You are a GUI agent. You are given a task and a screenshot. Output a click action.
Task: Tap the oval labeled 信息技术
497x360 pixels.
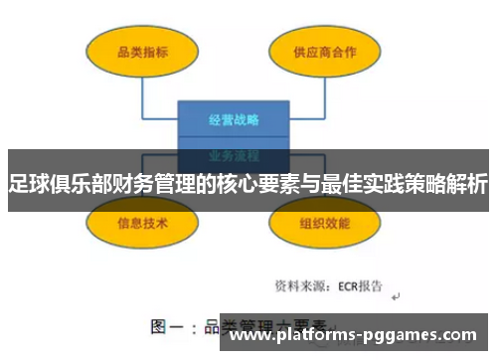pyautogui.click(x=142, y=223)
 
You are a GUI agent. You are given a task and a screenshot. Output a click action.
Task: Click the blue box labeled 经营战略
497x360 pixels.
pyautogui.click(x=234, y=120)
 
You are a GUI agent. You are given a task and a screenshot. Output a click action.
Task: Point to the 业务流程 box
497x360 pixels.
pyautogui.click(x=234, y=154)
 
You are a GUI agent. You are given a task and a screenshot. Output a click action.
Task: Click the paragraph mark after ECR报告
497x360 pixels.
pyautogui.click(x=395, y=295)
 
